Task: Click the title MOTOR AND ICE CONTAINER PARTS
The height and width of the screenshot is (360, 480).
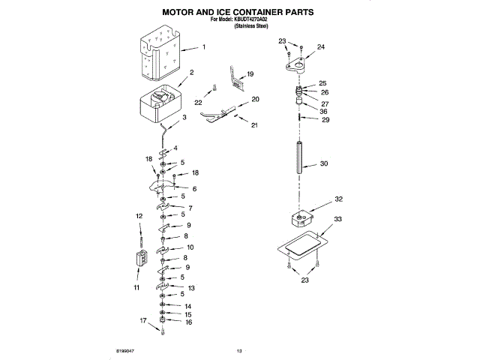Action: (238, 13)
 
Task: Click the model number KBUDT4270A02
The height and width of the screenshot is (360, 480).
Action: (253, 21)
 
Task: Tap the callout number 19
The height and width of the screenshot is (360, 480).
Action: (250, 73)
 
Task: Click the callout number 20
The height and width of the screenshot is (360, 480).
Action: (255, 99)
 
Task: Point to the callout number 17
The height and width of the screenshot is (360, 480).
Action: (142, 320)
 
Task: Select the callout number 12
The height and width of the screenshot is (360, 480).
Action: (139, 216)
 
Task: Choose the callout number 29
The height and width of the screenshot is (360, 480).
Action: (325, 120)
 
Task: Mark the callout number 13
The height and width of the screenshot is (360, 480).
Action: (191, 288)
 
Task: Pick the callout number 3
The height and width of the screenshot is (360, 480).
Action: (185, 118)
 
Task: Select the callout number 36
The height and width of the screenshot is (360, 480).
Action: (325, 112)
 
